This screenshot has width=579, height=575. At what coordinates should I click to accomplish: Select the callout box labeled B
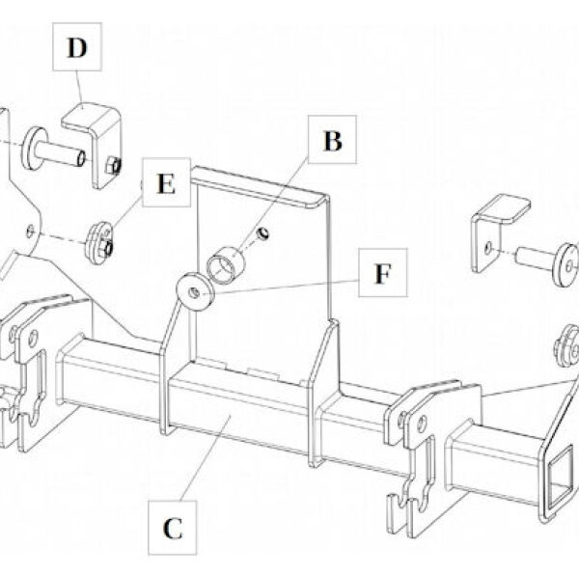[331, 142]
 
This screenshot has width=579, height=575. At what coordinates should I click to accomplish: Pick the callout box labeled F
[383, 274]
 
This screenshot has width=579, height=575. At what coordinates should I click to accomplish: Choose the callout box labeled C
[172, 528]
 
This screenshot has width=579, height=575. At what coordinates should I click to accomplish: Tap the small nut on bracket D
[113, 165]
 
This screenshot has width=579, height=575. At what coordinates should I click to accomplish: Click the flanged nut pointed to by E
[100, 240]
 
